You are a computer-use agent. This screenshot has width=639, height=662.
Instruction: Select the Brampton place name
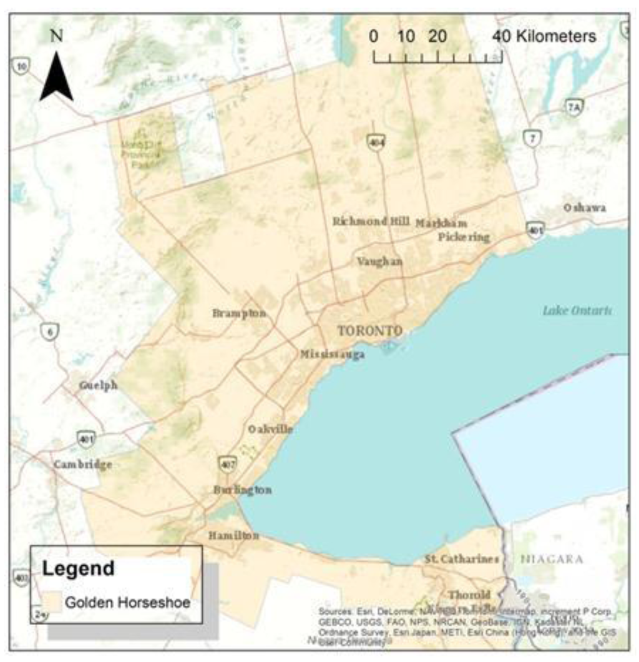click(239, 313)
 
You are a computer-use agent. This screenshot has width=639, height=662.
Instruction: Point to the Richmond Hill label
click(371, 221)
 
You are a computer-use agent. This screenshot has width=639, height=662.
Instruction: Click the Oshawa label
click(585, 207)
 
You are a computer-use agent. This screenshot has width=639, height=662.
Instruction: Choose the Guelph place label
click(98, 385)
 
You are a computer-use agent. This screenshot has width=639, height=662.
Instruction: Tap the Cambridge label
click(82, 465)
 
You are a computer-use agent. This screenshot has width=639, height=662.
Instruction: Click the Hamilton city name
click(233, 535)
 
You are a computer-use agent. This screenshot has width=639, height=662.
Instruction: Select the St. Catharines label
click(462, 558)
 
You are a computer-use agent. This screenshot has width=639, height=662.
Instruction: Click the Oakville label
click(270, 429)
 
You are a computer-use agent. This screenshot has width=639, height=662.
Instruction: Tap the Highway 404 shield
click(376, 143)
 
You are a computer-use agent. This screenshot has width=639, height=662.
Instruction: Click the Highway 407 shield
click(227, 464)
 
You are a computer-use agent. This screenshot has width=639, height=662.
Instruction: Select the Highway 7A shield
click(575, 107)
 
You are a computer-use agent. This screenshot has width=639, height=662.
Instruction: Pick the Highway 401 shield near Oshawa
click(535, 229)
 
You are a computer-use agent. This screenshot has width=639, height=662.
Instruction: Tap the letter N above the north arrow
click(56, 36)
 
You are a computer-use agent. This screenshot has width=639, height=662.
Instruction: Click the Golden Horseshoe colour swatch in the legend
click(54, 603)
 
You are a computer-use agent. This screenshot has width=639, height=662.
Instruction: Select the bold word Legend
click(79, 569)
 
